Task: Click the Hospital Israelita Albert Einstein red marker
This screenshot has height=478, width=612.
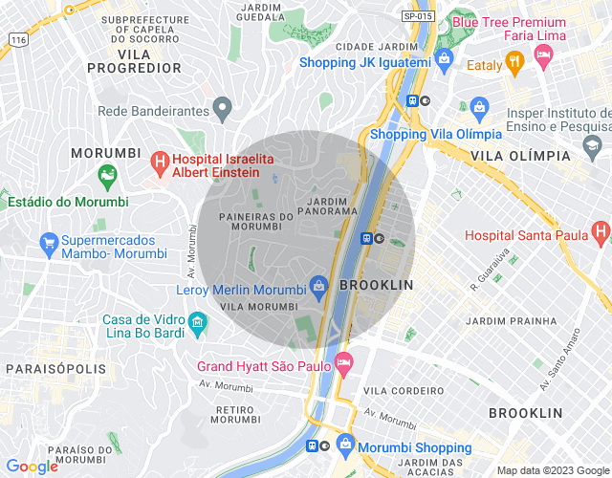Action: (x=160, y=163)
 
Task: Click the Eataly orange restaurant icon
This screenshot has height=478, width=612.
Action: (x=514, y=64)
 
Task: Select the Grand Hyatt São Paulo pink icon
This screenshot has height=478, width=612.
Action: (x=343, y=362)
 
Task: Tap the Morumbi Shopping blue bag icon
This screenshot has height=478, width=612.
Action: (x=345, y=445)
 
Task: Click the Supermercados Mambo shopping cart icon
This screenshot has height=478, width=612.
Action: (x=48, y=244)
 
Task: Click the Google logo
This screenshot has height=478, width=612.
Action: (x=32, y=466)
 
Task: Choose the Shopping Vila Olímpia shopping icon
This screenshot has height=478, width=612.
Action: (x=480, y=106)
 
